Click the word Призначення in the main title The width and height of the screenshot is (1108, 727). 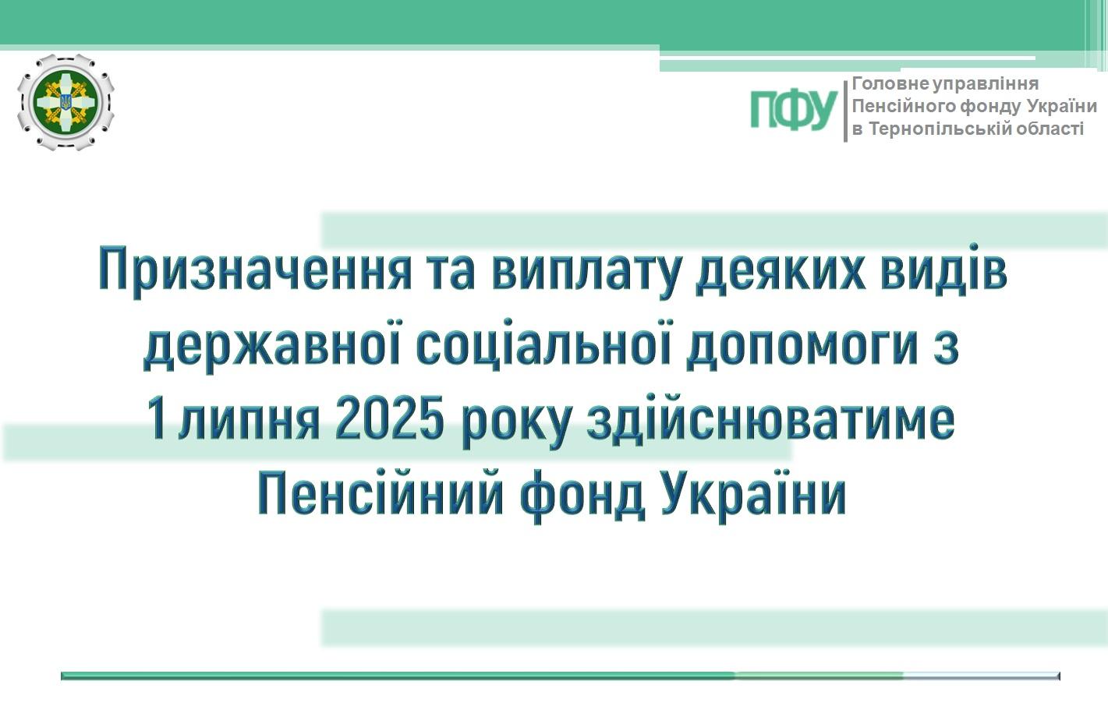click(x=255, y=272)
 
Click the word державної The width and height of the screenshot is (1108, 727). click(x=271, y=345)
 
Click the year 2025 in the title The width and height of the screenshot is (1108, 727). click(x=388, y=421)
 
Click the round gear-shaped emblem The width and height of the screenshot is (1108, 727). click(x=65, y=102)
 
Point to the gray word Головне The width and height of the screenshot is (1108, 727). click(x=890, y=83)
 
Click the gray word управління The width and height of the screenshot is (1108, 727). click(x=986, y=84)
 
